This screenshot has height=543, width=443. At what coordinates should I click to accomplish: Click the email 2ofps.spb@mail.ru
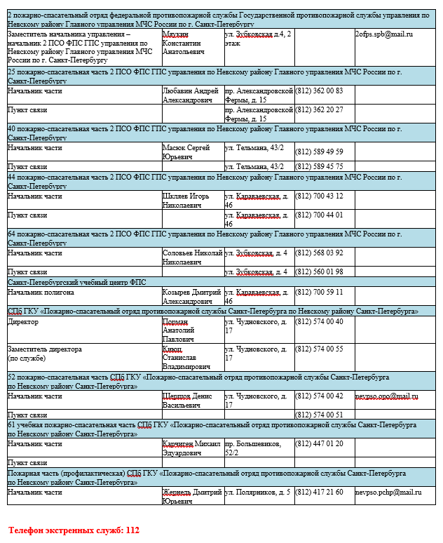click(x=383, y=34)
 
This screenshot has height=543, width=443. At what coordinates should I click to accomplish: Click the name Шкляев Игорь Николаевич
click(x=186, y=201)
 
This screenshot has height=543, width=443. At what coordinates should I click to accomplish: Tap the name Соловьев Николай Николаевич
click(x=191, y=257)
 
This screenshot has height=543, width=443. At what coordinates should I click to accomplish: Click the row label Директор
click(x=23, y=321)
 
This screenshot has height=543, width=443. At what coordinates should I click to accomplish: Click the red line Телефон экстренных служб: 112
click(x=74, y=530)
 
